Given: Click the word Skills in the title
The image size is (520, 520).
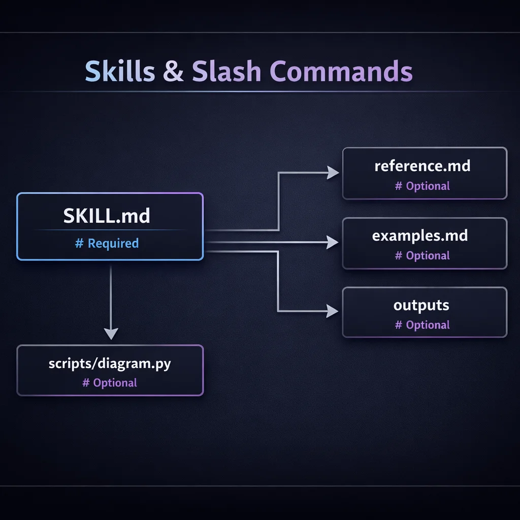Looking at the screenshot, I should (119, 71).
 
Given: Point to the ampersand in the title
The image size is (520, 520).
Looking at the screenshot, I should (174, 72).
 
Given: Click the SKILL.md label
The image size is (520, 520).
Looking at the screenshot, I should (107, 216).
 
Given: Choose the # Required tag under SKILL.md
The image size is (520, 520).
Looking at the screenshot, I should (107, 243).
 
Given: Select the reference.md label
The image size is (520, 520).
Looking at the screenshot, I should (422, 166).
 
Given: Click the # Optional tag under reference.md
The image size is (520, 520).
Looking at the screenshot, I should (422, 186).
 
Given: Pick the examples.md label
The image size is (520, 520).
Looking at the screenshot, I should (420, 236).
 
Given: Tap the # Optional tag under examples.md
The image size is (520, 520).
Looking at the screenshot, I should (422, 255).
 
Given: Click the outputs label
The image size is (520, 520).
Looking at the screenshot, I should (421, 305).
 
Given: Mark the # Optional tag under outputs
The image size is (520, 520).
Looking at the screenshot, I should (422, 325).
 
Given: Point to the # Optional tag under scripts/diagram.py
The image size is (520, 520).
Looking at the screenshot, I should (110, 382).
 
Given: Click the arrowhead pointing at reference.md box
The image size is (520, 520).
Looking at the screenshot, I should (333, 173).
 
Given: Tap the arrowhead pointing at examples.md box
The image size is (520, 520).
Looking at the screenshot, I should (333, 242).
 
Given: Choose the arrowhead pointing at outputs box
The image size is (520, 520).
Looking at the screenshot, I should (333, 311).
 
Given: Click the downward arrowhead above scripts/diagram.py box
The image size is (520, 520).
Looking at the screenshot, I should (111, 334).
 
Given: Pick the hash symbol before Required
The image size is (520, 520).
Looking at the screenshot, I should (79, 243).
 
